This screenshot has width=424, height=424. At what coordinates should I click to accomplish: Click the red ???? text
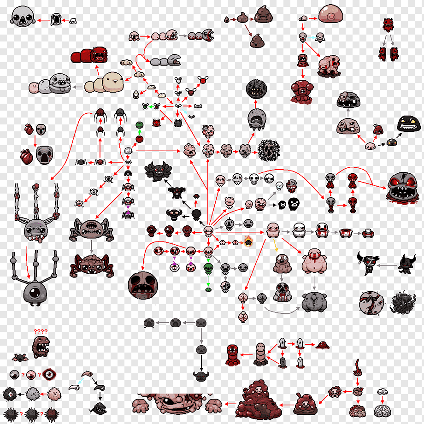click(41, 331)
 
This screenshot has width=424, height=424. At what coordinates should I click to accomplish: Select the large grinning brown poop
click(264, 14)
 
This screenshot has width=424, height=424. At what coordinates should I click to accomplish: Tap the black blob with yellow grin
click(409, 124)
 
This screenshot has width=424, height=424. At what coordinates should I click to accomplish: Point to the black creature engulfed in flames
click(248, 241)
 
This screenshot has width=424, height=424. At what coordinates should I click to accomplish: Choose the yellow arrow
click(275, 245)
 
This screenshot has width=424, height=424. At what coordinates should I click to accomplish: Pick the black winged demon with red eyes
click(158, 171)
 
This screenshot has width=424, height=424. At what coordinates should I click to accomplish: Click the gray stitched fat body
click(314, 301)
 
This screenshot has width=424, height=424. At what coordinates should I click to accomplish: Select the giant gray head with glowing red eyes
click(403, 188)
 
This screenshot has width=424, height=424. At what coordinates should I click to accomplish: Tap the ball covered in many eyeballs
click(269, 150)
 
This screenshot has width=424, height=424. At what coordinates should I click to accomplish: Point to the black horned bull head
click(201, 376)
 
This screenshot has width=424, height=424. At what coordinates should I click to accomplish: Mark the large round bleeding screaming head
click(143, 285)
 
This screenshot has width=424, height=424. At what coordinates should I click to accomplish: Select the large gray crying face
click(44, 155)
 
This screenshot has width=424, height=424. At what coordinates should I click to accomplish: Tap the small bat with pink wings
click(20, 358)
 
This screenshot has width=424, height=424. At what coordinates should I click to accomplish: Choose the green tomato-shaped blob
click(139, 124)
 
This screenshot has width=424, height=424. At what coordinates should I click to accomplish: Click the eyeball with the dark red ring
click(49, 375)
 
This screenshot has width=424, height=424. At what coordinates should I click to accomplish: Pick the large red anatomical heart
click(27, 157)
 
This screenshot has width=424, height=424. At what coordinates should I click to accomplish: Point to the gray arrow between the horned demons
click(387, 265)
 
